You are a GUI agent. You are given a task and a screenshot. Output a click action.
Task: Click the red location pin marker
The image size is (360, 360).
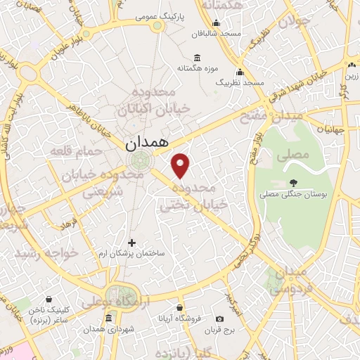coord(181,165)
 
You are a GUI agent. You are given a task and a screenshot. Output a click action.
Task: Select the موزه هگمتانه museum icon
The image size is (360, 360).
coord(195,57)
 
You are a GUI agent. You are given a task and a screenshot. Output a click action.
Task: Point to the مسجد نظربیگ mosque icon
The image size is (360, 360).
coord(240,72)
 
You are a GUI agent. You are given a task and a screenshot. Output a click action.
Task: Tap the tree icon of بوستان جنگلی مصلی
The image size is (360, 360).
coord(293,183)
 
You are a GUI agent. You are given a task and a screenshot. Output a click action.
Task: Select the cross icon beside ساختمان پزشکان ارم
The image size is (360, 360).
coord(131,243)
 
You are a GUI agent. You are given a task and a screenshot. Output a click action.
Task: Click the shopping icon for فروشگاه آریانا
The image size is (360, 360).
coord(180,307)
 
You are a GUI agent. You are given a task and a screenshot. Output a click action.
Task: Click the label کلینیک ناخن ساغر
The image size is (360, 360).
coord(51,314)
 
